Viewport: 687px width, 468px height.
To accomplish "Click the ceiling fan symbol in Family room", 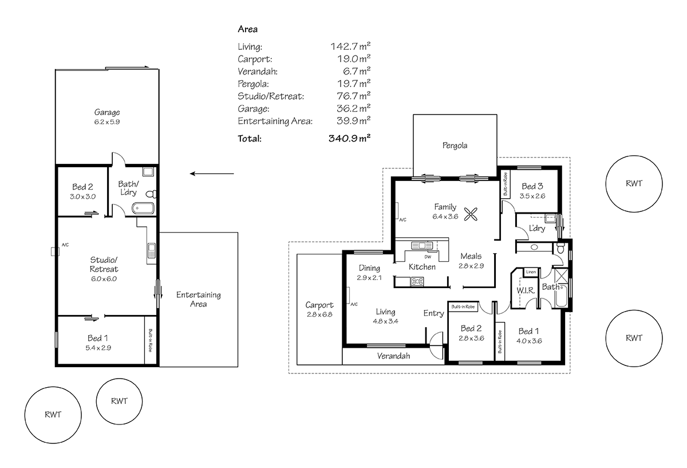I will (x=471, y=214).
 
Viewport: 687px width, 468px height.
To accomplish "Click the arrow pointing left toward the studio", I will (x=212, y=173).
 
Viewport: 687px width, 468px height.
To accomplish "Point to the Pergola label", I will (x=455, y=145).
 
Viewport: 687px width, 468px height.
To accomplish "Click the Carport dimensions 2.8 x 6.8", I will (x=319, y=315).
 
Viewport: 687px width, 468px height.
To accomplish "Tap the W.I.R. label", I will (x=525, y=290).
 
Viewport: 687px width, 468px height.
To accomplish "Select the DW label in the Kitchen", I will (x=428, y=257).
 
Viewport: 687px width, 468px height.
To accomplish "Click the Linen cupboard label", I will (x=531, y=272).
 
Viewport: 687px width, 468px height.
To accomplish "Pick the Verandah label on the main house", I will (x=393, y=356).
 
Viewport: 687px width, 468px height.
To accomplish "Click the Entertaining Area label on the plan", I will (x=198, y=299).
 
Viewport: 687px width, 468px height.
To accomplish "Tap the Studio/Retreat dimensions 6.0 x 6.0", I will (x=104, y=279).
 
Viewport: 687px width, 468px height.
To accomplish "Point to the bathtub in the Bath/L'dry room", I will (x=143, y=209).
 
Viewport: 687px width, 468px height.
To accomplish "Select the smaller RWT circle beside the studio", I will (x=119, y=401).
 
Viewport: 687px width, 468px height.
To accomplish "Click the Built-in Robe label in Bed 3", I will (x=505, y=184).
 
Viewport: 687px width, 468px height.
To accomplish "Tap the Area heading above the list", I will (x=247, y=29).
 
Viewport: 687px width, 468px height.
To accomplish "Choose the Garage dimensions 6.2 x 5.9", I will (x=107, y=122).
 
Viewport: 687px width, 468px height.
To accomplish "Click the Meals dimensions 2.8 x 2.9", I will (x=471, y=266).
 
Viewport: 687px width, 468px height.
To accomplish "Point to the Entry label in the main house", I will (x=433, y=313).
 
